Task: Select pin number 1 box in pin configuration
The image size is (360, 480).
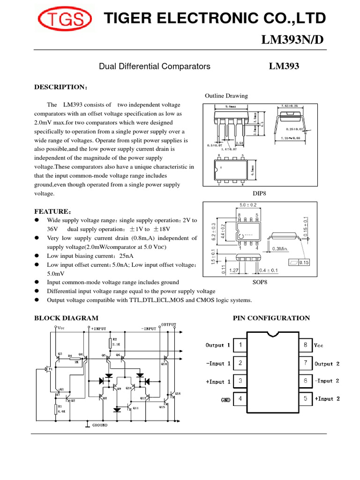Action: coord(240,345)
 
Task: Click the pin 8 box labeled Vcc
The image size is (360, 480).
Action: coord(305,345)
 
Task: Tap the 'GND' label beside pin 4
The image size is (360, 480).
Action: coord(225,400)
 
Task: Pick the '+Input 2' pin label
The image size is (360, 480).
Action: coord(333,399)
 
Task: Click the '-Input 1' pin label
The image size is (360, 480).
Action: coord(218,363)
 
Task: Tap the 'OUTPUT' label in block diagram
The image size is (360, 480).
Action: coord(169,324)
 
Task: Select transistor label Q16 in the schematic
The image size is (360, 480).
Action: coord(177,393)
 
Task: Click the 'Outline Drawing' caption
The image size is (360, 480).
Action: coord(226,96)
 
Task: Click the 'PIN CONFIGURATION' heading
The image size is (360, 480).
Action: coord(271,318)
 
